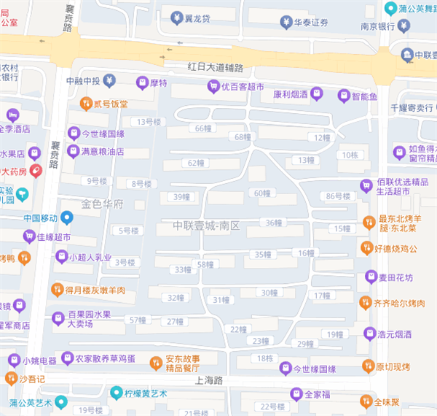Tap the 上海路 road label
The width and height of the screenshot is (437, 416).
pyautogui.click(x=210, y=381)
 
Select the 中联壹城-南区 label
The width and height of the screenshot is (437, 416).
pyautogui.click(x=206, y=226)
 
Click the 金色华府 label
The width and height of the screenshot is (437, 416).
pyautogui.click(x=103, y=204)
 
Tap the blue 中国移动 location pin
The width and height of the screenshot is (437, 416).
pyautogui.click(x=67, y=217)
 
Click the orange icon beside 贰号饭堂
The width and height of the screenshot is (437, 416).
pyautogui.click(x=86, y=104)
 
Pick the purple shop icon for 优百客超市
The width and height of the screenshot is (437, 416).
pyautogui.click(x=213, y=87)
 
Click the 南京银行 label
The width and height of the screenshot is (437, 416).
pyautogui.click(x=377, y=26)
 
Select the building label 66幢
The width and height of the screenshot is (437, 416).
pyautogui.click(x=203, y=128)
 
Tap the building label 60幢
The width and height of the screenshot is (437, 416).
pyautogui.click(x=261, y=193)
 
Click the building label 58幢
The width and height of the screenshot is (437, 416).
pyautogui.click(x=204, y=264)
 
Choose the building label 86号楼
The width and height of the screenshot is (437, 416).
pyautogui.click(x=339, y=196)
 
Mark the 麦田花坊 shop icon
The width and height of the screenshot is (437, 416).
pyautogui.click(x=371, y=277)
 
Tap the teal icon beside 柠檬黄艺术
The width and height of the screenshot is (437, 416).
pyautogui.click(x=115, y=393)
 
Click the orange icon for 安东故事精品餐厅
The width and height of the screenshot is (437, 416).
pyautogui.click(x=155, y=363)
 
